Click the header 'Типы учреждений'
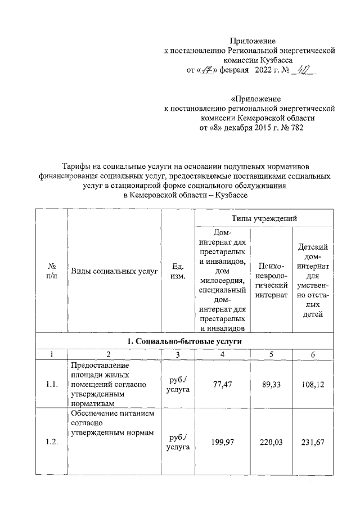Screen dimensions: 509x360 (x=264, y=218)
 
